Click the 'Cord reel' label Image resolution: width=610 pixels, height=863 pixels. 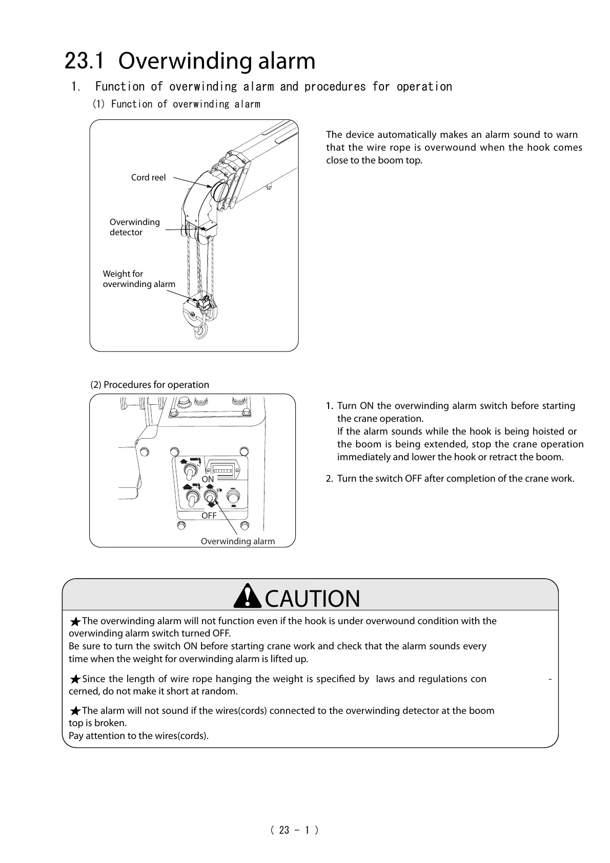(x=148, y=177)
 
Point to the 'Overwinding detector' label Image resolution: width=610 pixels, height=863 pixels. (x=134, y=227)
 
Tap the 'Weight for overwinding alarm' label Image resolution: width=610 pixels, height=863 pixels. (x=138, y=279)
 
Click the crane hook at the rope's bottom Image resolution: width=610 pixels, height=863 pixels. (x=199, y=331)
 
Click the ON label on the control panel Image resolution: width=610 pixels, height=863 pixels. (x=208, y=479)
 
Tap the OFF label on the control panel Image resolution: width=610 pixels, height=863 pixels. (x=209, y=516)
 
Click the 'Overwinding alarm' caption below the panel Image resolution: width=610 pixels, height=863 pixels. (x=237, y=541)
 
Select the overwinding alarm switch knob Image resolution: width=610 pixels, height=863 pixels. (x=210, y=497)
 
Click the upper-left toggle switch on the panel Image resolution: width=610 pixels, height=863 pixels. (x=192, y=470)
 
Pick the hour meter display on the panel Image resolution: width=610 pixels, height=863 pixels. (x=222, y=468)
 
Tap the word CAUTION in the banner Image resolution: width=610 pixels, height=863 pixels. (x=312, y=599)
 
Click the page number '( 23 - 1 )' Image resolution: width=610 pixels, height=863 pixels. (x=294, y=830)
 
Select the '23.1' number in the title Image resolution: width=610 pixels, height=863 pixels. (x=85, y=61)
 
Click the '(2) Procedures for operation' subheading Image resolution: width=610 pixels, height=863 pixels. (x=150, y=385)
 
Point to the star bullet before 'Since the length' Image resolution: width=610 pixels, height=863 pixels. (x=75, y=680)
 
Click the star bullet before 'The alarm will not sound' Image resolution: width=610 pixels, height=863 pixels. (x=75, y=711)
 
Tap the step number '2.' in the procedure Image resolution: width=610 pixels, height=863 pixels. (x=330, y=479)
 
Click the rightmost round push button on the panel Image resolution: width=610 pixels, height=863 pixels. (x=233, y=497)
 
